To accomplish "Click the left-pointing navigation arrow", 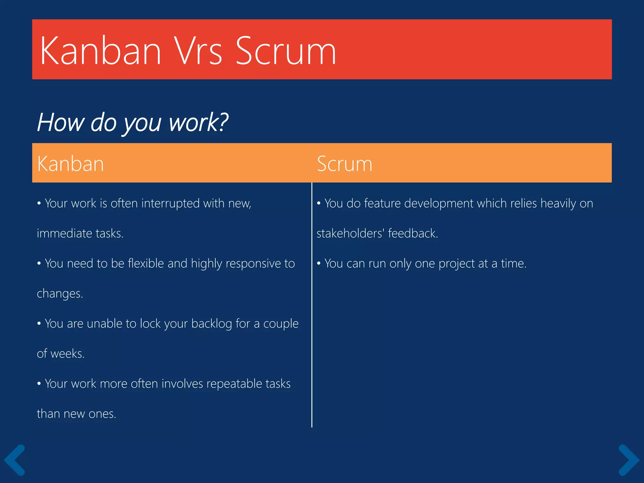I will (x=14, y=460).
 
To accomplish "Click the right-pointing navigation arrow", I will (x=629, y=460).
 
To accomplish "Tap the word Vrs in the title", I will (x=198, y=51).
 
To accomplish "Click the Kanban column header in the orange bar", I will (x=70, y=164).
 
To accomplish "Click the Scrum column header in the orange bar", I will (x=344, y=164).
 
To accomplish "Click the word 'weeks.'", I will (x=68, y=354).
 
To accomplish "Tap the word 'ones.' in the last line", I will (x=102, y=414).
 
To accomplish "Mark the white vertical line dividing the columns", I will (x=312, y=314).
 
